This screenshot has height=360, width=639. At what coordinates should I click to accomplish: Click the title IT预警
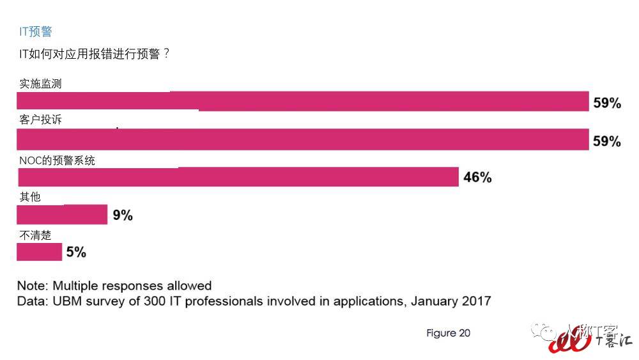click(x=36, y=31)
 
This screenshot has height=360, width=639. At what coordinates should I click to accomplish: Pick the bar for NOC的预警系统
click(x=237, y=176)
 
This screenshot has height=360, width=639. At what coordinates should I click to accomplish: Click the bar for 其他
click(x=61, y=215)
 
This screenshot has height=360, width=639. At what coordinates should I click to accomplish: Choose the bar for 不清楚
click(x=39, y=252)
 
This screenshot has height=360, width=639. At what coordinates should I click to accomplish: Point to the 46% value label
click(x=477, y=178)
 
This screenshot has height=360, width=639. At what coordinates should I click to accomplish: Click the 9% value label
click(x=123, y=215)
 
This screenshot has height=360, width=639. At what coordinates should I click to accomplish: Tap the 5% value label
click(x=76, y=253)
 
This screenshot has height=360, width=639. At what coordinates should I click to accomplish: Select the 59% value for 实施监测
click(x=607, y=103)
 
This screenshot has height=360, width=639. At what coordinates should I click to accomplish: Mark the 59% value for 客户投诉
click(x=607, y=141)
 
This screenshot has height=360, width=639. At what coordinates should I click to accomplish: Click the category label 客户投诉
click(x=40, y=120)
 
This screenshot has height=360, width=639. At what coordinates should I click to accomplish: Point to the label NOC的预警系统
click(x=57, y=160)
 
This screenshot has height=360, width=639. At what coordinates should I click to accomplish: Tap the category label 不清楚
click(x=35, y=235)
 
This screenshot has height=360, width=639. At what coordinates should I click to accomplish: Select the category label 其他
click(x=30, y=197)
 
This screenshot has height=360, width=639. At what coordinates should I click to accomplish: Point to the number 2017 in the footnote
click(x=475, y=301)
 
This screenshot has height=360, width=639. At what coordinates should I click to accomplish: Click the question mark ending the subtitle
click(x=167, y=54)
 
